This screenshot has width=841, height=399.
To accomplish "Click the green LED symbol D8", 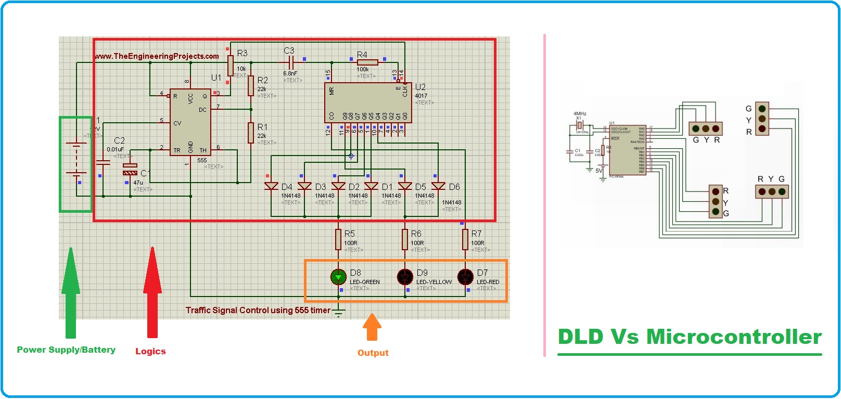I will pos(338,277).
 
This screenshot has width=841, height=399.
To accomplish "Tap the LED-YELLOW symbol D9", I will pos(405,277).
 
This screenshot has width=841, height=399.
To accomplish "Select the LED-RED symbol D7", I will pos(465,277).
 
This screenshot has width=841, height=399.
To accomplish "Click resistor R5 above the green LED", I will pos(338,240).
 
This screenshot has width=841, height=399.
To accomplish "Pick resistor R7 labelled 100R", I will pos(465,240).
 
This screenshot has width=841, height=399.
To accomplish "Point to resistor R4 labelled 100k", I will pos(367,62).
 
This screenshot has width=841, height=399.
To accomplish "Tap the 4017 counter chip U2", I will pos(367,102).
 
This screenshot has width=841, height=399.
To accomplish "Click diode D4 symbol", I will pos(271,186).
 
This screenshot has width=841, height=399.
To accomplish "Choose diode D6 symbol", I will pos(438,186).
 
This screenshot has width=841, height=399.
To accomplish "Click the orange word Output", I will pos(373,353).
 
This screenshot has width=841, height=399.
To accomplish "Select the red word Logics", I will pos(150,351).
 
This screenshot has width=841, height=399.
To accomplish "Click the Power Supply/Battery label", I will pos(66,350).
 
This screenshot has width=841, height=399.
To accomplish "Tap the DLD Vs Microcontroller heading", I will pos(690,337).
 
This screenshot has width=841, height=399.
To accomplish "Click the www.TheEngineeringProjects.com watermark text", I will pos(157,56).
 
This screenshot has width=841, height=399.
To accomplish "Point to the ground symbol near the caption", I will pos(338,312).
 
